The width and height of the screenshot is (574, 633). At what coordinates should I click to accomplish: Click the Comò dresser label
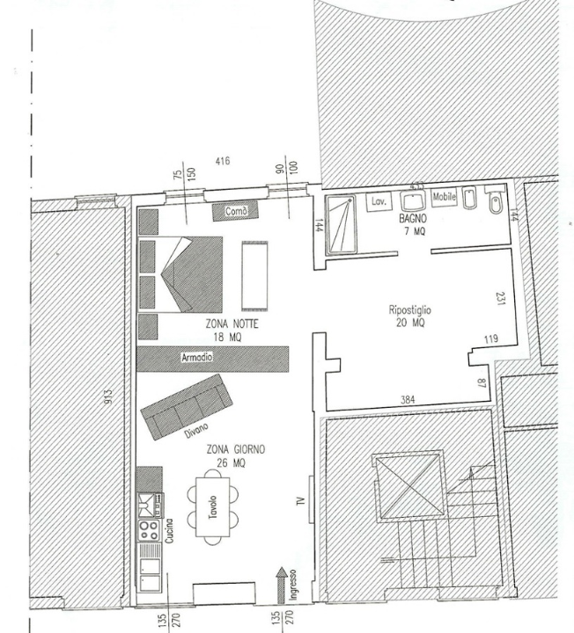(x=236, y=212)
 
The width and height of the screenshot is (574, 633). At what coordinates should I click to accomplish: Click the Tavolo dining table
(x=212, y=507)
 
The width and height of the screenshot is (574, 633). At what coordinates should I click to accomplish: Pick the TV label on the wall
(x=300, y=502)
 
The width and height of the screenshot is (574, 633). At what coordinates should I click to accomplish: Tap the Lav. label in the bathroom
(x=379, y=201)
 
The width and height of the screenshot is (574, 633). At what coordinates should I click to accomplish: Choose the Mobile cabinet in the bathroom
(x=445, y=198)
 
